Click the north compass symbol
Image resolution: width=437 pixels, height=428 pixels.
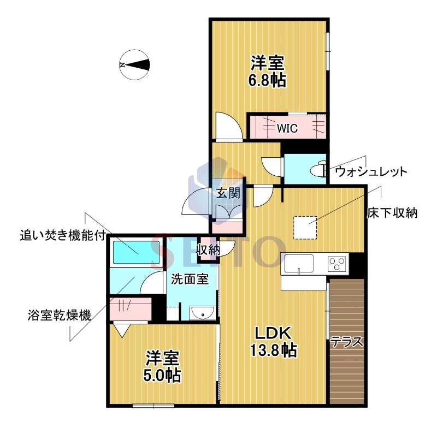pos(135,66)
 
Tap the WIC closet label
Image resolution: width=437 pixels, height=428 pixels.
pos(287,128)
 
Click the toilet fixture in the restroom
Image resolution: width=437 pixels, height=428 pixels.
pos(320,169)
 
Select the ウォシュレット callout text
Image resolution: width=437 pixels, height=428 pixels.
pos(371,171)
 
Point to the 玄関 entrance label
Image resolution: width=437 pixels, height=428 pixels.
pos(228,193)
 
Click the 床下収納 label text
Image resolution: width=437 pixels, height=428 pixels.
pos(392,213)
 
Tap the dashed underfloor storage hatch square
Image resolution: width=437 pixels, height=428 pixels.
pos(305,228)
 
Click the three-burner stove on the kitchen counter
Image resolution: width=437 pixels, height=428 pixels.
pos(337,263)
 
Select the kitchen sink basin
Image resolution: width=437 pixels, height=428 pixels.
pos(299,264)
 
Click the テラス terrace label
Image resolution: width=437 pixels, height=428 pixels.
pos(347,341)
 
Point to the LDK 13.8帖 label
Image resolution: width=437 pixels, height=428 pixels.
pos(274,341)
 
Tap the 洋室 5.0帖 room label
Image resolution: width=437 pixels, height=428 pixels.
pos(162,366)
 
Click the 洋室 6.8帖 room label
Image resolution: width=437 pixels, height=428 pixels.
pos(268,72)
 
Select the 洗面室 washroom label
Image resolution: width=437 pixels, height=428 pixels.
pos(190,279)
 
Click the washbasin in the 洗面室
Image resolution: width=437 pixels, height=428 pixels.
pos(202,313)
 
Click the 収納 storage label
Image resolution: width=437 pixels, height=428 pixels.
pos(208,250)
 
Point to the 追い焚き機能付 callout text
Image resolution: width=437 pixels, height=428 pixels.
pos(63,236)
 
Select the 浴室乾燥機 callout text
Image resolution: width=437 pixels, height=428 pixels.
pos(60,315)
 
